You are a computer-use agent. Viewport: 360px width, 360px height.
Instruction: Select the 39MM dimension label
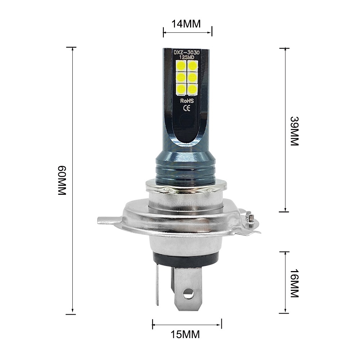[x=294, y=131]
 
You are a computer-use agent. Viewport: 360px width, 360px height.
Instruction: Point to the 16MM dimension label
[x=294, y=283]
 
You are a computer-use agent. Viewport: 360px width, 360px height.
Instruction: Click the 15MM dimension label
[x=186, y=334]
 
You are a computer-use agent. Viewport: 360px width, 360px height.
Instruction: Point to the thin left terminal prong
[x=157, y=284]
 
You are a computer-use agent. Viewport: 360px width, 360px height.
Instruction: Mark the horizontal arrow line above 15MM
[x=187, y=324]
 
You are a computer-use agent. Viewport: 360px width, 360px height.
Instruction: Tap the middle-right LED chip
[x=192, y=77]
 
